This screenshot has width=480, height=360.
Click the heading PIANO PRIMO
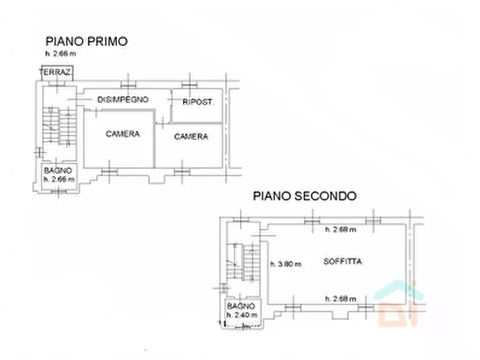pyautogui.click(x=86, y=41)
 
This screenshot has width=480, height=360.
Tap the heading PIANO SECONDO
pyautogui.click(x=304, y=196)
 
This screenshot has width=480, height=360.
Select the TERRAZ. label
pyautogui.click(x=56, y=73)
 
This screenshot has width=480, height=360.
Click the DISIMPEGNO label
pyautogui.click(x=123, y=99)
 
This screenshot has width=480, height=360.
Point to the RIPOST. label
pyautogui.click(x=198, y=102)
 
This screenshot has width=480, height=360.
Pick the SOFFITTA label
pyautogui.click(x=342, y=262)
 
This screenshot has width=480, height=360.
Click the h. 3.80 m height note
pyautogui.click(x=285, y=264)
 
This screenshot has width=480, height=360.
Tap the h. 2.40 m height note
pyautogui.click(x=242, y=314)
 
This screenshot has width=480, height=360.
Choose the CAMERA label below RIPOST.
pyautogui.click(x=191, y=136)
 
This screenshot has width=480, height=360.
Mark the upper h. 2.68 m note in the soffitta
pyautogui.click(x=340, y=230)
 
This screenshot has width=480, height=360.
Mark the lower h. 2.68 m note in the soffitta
pyautogui.click(x=340, y=299)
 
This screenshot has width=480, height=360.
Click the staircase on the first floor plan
pyautogui.click(x=59, y=127)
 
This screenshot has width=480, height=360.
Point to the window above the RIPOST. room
pyautogui.click(x=189, y=85)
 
